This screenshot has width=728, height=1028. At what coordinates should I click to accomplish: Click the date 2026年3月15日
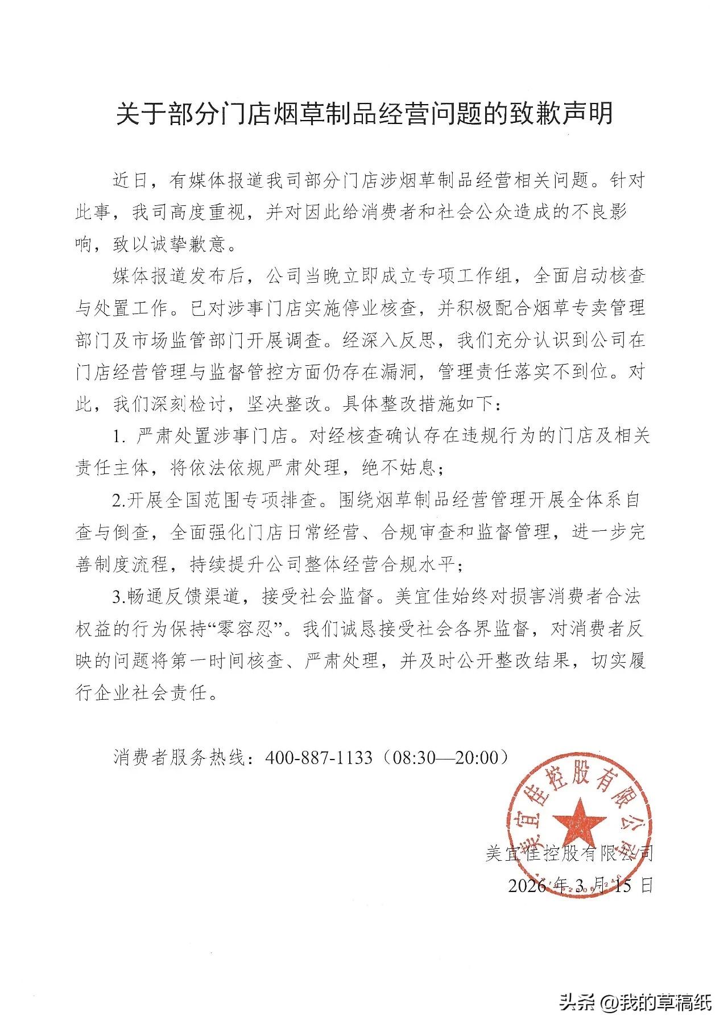coord(580,885)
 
